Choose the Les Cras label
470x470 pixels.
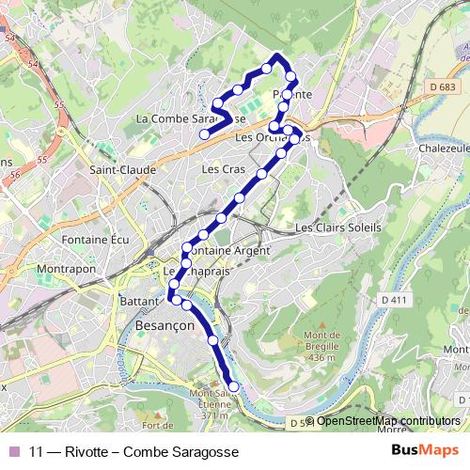(x=224, y=169)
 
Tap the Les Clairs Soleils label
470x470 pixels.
(x=337, y=227)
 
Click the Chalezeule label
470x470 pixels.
(x=444, y=148)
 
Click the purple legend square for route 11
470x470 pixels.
(x=14, y=451)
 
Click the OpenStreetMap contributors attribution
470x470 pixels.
(x=388, y=421)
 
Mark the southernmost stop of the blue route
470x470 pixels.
(x=233, y=387)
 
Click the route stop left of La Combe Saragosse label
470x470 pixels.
(x=203, y=133)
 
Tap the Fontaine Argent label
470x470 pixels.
(x=228, y=251)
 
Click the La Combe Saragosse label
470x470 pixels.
(x=191, y=119)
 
